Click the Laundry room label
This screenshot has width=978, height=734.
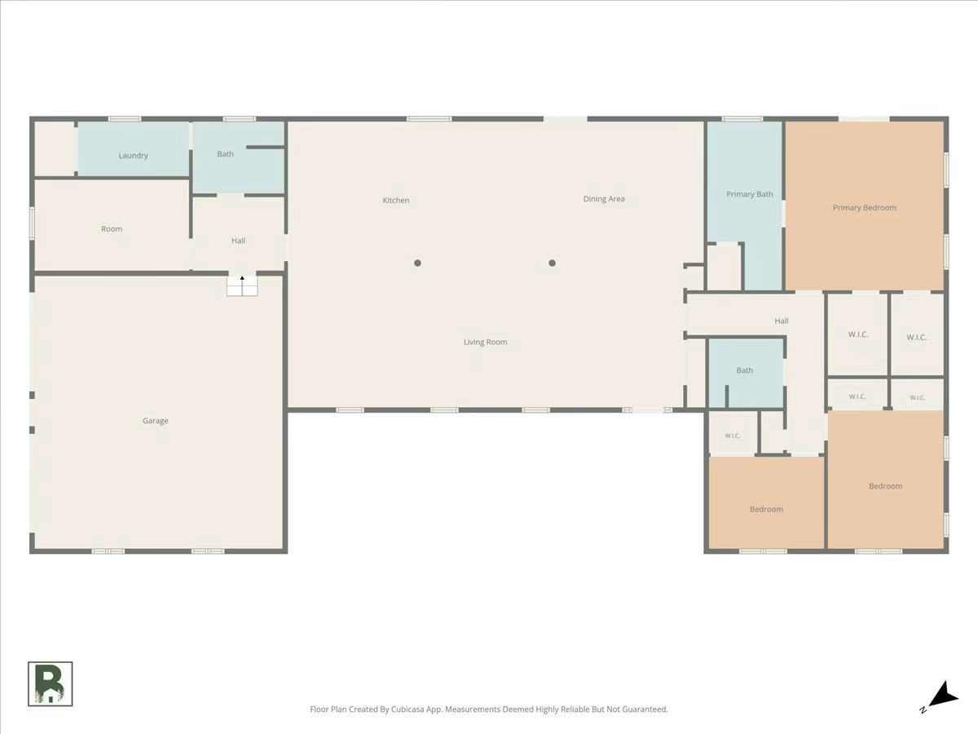[133, 156]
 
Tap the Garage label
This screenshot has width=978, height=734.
[156, 421]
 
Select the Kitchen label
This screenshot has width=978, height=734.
[395, 201]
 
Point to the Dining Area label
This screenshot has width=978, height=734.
[604, 199]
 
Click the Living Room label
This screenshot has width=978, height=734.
[485, 342]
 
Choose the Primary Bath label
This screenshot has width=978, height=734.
[750, 194]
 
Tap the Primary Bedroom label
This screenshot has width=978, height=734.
[865, 208]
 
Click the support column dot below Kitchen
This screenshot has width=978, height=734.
[417, 263]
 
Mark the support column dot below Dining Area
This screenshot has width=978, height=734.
[552, 263]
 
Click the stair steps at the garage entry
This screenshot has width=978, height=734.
[242, 285]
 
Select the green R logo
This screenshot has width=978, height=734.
[51, 683]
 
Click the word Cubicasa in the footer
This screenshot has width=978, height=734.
[407, 709]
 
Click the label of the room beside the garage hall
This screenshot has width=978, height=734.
[112, 229]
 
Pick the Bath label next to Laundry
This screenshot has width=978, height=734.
[225, 154]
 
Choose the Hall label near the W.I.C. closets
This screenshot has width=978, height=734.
[781, 321]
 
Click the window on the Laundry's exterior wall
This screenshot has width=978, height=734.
[125, 119]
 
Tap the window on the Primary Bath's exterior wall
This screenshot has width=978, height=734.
[742, 119]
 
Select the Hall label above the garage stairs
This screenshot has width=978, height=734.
[238, 241]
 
